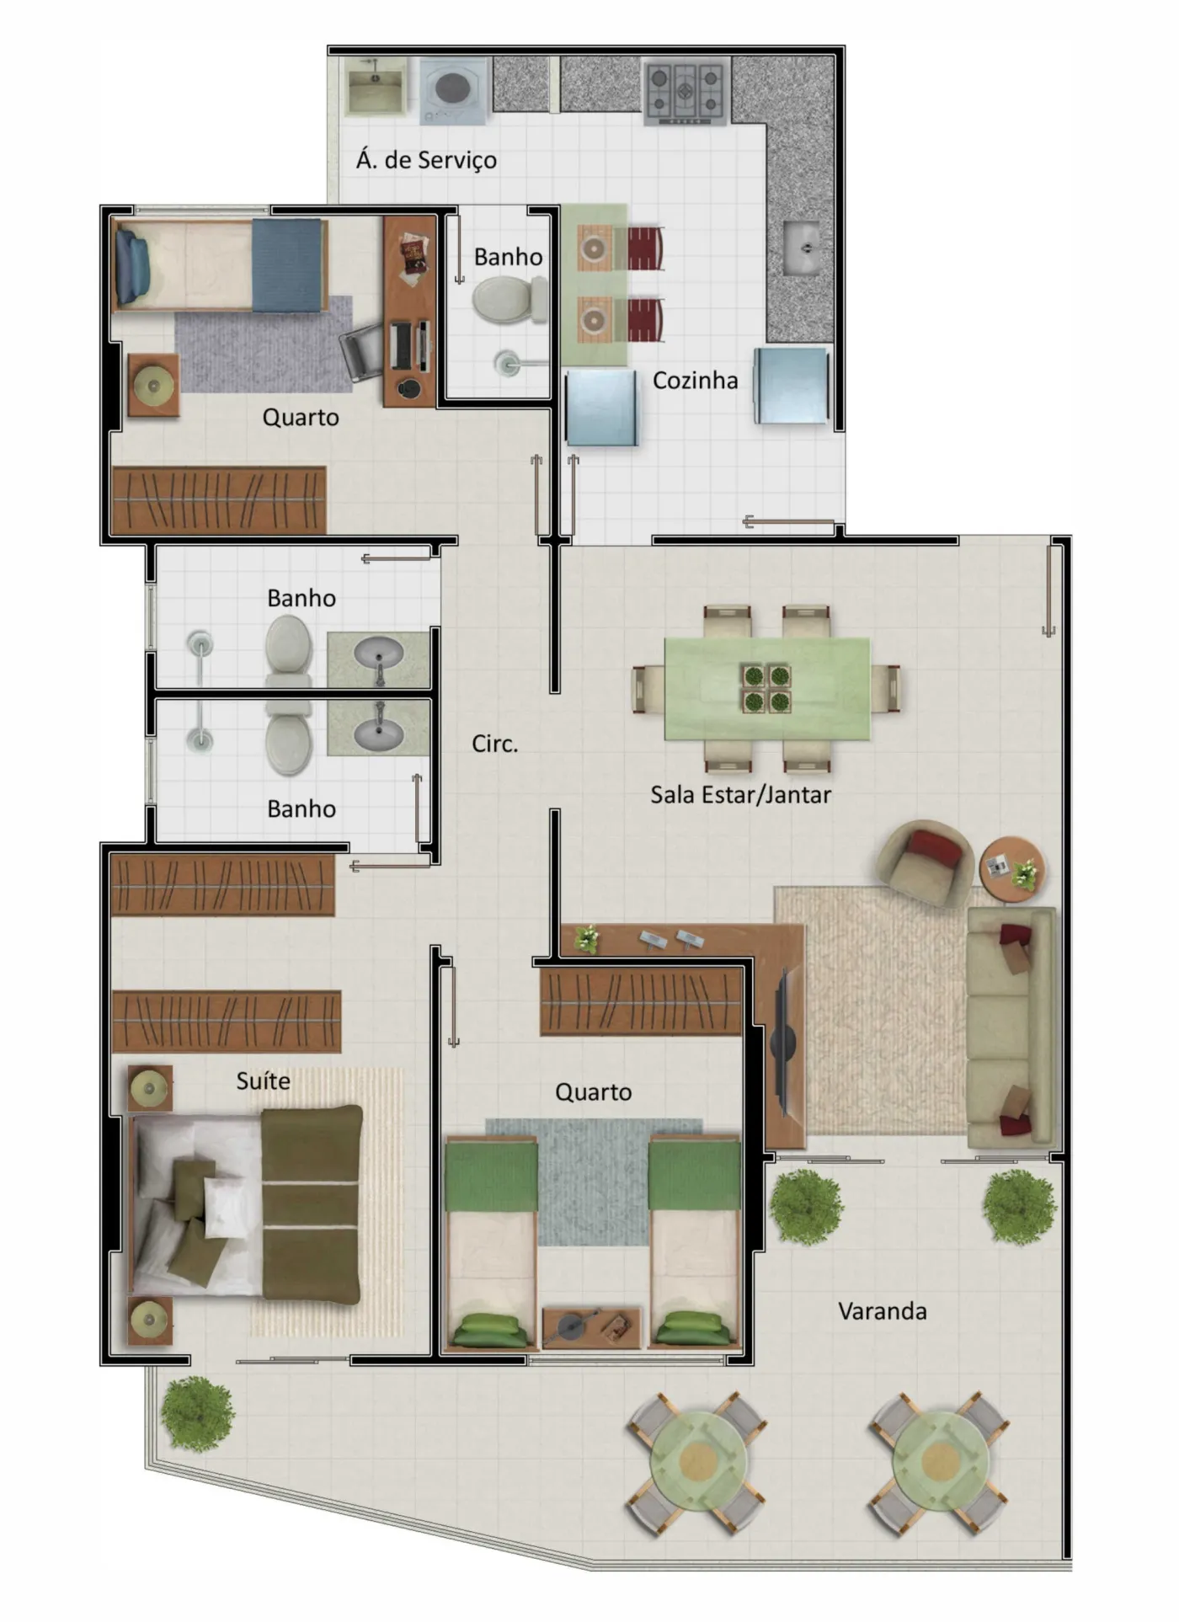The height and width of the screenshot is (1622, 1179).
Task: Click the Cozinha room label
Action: click(695, 381)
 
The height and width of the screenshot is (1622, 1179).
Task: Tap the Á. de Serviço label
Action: click(426, 159)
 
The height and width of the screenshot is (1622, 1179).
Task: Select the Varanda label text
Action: click(883, 1310)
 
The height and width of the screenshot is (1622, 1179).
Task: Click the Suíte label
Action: click(263, 1080)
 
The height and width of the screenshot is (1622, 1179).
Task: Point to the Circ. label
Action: click(494, 744)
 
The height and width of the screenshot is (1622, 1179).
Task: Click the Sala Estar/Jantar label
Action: click(740, 795)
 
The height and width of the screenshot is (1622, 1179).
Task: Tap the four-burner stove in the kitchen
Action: click(686, 93)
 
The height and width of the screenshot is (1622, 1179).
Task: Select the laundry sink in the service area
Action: click(376, 86)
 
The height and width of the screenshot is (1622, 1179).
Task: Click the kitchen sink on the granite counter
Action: click(802, 248)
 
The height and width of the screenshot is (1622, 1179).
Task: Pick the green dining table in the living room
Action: click(767, 688)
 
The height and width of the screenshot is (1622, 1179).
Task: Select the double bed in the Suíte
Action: click(246, 1205)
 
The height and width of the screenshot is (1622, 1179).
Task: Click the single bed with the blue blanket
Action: click(221, 265)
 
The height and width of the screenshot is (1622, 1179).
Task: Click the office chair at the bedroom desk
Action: click(361, 352)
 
